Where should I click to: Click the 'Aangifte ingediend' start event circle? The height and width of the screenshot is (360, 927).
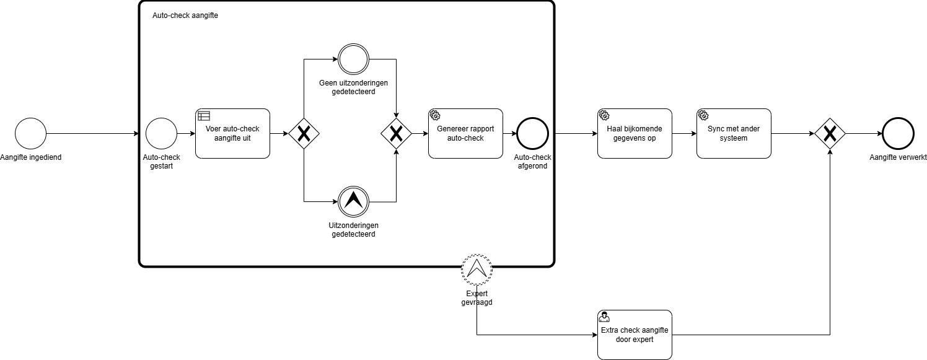[x=31, y=133]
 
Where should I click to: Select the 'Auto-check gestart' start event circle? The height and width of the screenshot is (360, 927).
[x=161, y=133]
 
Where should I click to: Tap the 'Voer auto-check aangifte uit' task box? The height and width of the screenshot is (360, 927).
[x=232, y=133]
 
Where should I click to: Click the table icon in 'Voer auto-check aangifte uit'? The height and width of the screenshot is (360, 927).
[x=204, y=115]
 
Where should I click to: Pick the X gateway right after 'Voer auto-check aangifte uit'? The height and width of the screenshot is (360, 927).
[x=304, y=133]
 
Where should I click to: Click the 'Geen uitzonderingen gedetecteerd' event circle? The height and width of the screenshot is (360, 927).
[x=353, y=59]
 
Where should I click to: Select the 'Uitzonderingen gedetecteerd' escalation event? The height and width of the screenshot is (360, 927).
[x=353, y=201]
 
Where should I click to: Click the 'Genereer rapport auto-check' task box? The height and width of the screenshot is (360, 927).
[x=465, y=133]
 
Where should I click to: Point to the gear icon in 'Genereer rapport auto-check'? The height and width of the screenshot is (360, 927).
[x=434, y=115]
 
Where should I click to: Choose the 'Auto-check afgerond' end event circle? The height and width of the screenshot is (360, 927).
[x=533, y=133]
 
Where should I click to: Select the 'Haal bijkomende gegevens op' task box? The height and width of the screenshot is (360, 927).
[x=635, y=133]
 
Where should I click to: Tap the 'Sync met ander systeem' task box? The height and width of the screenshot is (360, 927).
[x=734, y=133]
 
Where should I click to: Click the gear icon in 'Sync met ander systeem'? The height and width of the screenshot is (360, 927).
[x=703, y=115]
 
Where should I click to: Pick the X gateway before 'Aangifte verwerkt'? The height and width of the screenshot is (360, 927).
[x=830, y=133]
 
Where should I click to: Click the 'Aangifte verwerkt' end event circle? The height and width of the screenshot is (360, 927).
[x=898, y=133]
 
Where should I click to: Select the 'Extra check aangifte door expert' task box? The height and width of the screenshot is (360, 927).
[x=635, y=335]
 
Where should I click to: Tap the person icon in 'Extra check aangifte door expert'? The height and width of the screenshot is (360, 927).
[x=604, y=317]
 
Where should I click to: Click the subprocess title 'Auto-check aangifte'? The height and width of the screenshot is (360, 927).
[x=185, y=15]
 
